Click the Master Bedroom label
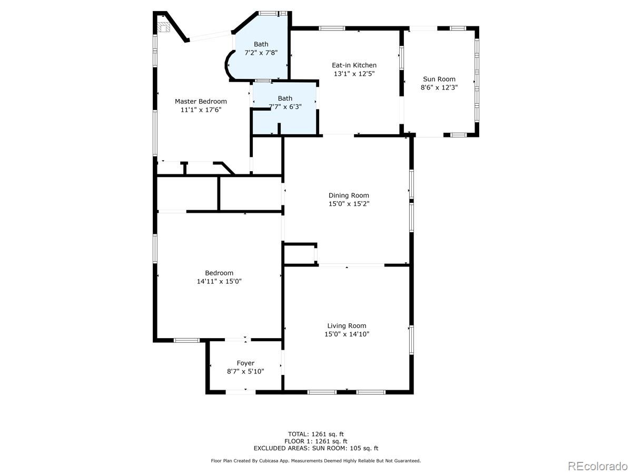click(x=201, y=101)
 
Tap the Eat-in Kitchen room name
click(x=354, y=65)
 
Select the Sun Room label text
click(x=439, y=79)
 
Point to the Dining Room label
click(x=349, y=195)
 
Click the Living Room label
click(x=347, y=325)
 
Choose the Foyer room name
click(x=245, y=363)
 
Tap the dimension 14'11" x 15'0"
click(x=219, y=281)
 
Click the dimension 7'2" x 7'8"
click(x=261, y=53)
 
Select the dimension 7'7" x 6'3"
click(x=285, y=107)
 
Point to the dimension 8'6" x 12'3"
click(x=439, y=87)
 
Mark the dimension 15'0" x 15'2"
click(x=349, y=204)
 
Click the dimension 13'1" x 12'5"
click(x=354, y=74)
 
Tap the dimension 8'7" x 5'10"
click(x=245, y=371)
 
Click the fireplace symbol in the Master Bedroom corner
click(x=164, y=27)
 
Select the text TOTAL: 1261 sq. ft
click(x=316, y=434)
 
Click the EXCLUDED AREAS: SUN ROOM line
click(x=316, y=449)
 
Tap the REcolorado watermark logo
click(x=597, y=466)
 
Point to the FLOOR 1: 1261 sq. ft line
click(x=316, y=441)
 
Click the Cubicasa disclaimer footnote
click(x=316, y=461)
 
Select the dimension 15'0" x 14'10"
click(x=347, y=334)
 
